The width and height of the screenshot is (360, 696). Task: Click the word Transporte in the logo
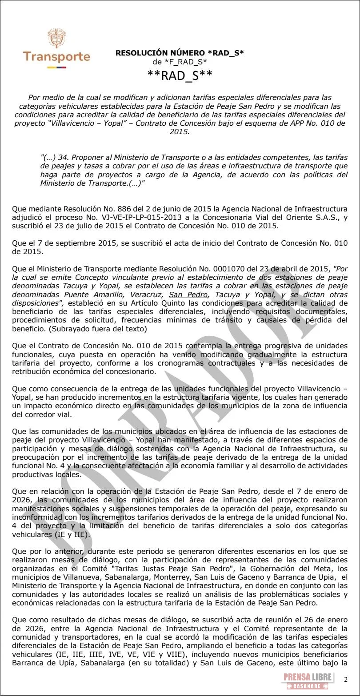(x=56, y=57)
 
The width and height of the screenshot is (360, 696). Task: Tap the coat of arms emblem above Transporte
(x=56, y=39)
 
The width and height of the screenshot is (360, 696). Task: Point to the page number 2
(x=345, y=680)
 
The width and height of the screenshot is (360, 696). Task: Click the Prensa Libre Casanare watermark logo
(x=308, y=680)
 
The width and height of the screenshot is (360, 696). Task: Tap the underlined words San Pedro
(x=188, y=294)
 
